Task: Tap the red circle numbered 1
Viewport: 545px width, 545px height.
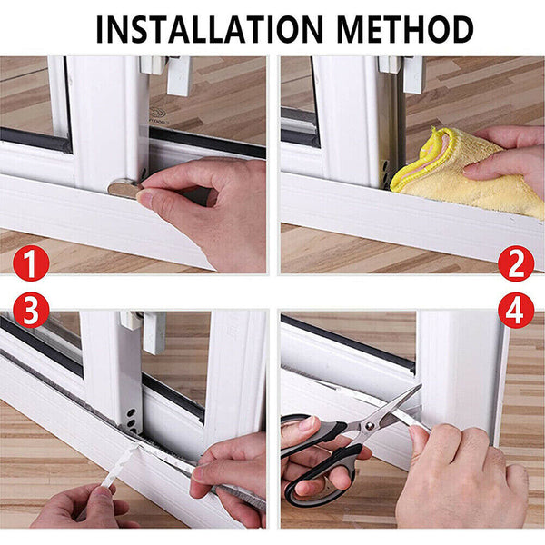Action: coord(30,264)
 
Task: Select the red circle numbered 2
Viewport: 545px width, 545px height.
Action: coord(515,264)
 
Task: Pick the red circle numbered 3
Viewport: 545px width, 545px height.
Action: coord(30,312)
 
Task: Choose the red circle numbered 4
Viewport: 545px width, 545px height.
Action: coord(515,312)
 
